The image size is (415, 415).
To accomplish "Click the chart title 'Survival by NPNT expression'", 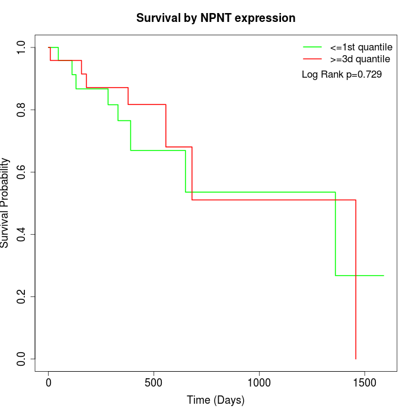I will coord(216,18).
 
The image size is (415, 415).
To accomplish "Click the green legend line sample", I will coord(312,47).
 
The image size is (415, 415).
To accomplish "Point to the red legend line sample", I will coord(312,59).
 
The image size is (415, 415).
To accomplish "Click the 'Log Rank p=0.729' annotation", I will coord(341,75).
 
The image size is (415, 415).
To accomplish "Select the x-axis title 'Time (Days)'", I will coord(215,400).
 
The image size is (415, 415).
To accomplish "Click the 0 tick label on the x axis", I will coord(49,382).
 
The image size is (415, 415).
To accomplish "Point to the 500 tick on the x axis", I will coord(154,382).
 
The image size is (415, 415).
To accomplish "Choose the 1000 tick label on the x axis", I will coord(259,382).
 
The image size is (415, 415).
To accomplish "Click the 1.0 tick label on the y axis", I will coord(22,47).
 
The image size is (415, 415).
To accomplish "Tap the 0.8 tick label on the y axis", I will coord(22,110).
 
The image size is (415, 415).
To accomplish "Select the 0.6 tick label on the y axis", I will coord(22,172).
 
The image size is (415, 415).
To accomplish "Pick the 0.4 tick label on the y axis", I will coord(22,234).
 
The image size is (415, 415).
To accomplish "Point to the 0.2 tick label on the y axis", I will coord(22,296).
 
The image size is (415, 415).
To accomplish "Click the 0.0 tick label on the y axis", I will coord(22,359).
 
